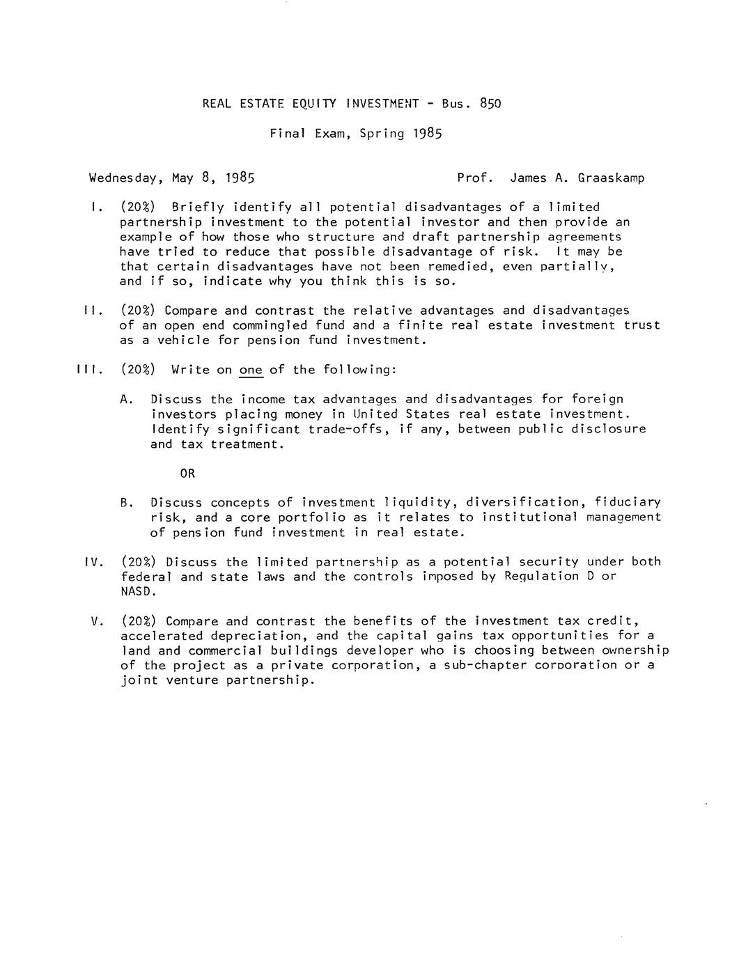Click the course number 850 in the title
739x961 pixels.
point(490,104)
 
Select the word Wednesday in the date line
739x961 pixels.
point(123,178)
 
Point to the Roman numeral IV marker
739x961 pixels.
point(93,562)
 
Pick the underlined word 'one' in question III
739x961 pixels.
point(251,370)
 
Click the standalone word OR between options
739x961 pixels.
point(187,474)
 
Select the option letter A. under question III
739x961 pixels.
point(126,400)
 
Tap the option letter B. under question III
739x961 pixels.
point(126,503)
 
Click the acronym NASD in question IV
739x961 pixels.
point(137,592)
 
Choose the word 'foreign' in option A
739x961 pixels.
point(598,400)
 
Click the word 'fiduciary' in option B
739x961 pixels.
point(623,503)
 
